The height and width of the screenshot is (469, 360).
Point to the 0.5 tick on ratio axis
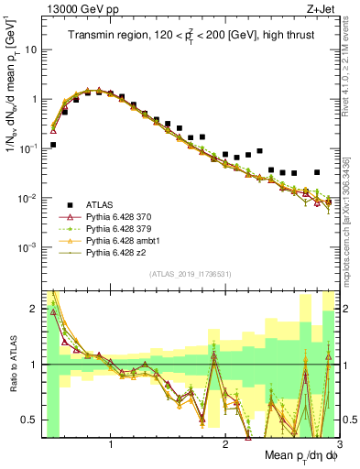[30, 420]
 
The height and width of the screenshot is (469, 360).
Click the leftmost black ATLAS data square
[54, 145]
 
